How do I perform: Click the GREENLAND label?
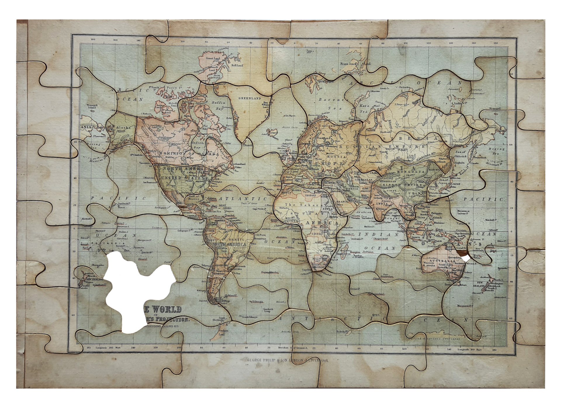[250, 98]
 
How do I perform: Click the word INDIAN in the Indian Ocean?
[378, 235]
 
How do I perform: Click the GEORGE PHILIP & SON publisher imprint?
[288, 360]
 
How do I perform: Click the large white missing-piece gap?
[134, 289]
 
